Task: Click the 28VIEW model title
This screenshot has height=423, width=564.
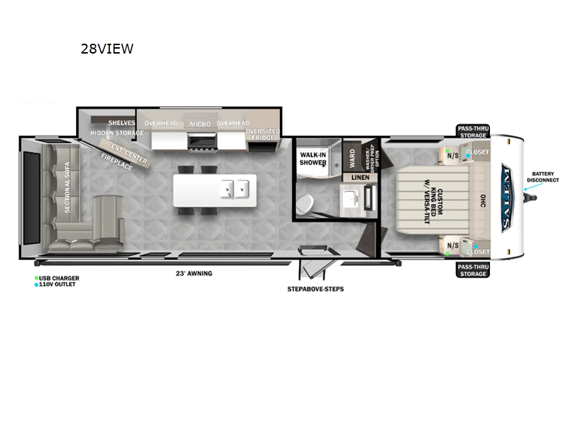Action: [106, 49]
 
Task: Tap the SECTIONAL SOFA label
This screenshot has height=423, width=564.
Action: [68, 188]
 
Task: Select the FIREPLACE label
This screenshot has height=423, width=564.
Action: [116, 163]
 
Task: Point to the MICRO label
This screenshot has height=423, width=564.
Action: [200, 123]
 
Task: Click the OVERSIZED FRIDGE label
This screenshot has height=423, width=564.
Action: [262, 134]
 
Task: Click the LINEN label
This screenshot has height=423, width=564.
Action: [360, 177]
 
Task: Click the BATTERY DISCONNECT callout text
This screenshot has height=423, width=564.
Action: [542, 177]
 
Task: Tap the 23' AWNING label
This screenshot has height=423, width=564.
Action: [195, 273]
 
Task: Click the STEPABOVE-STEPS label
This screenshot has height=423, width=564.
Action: [315, 289]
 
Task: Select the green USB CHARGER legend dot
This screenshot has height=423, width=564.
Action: [36, 278]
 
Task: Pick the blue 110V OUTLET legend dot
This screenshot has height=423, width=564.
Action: [36, 284]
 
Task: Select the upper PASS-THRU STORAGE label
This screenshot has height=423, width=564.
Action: [472, 131]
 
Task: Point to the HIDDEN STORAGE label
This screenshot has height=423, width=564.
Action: [116, 133]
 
